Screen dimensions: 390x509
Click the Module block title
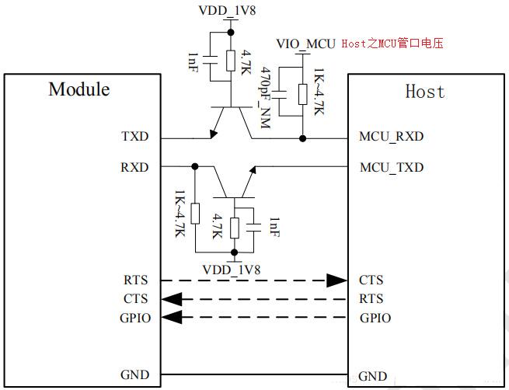[78, 89]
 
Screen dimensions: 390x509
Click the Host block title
[425, 92]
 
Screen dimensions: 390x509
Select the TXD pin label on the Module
[134, 137]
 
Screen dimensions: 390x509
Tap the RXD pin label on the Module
[134, 167]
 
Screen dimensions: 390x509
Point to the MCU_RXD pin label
[391, 137]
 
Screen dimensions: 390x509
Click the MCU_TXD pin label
[391, 167]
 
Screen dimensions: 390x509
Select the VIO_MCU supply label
[305, 44]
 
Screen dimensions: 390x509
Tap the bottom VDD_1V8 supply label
[232, 269]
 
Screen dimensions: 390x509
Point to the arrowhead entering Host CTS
[336, 280]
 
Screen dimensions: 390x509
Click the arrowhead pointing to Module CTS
[171, 298]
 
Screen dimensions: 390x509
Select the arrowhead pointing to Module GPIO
[171, 317]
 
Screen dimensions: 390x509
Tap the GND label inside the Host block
[373, 376]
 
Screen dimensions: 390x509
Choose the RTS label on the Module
[134, 280]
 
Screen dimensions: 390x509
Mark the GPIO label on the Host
[375, 318]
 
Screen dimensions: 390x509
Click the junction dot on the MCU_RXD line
[302, 139]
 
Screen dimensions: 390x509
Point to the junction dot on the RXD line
[194, 166]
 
